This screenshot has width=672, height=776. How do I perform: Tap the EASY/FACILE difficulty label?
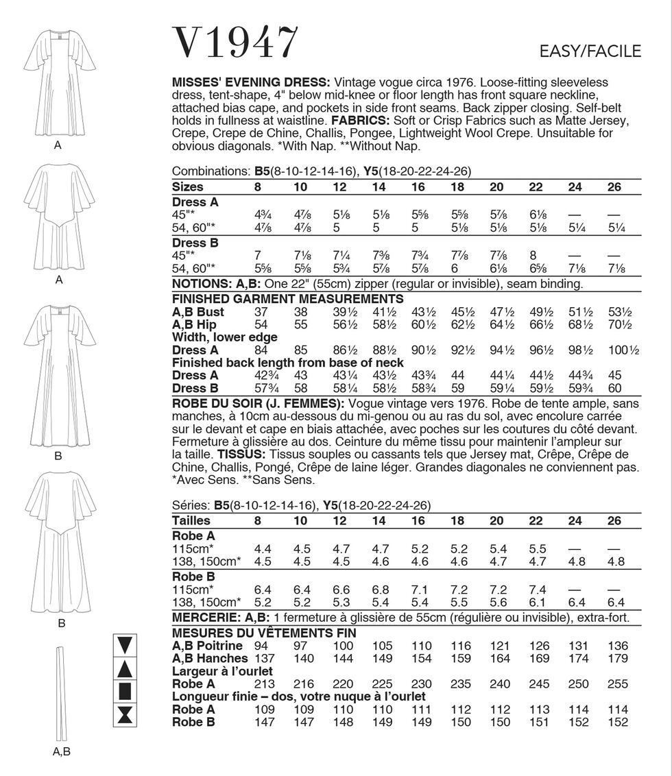(590, 51)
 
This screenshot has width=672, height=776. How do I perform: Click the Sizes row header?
(188, 186)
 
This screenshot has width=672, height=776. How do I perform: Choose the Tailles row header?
(191, 520)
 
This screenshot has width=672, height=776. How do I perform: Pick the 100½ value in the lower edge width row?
(623, 350)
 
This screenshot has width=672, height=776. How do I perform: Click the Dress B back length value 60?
(614, 388)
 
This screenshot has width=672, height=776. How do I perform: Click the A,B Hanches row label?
(208, 658)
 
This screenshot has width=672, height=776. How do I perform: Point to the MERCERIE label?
(206, 618)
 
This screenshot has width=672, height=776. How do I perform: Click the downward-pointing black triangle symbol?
(125, 645)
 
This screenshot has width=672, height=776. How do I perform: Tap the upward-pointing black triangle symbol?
(125, 668)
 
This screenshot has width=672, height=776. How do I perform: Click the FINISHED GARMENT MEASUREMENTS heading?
(287, 299)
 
